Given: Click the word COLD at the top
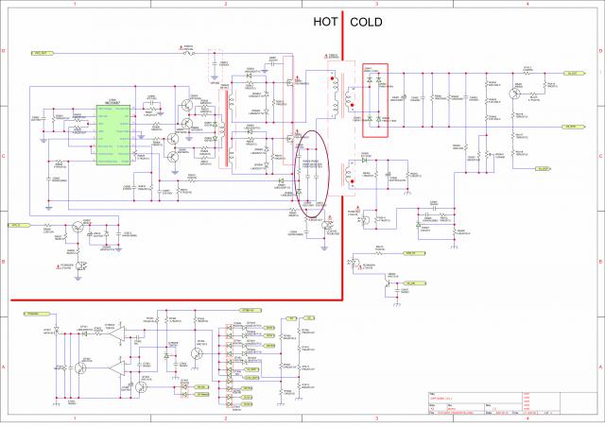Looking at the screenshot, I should click(x=367, y=22).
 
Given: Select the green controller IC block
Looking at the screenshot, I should click(x=112, y=128).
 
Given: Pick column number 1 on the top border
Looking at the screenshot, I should click(x=75, y=5).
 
